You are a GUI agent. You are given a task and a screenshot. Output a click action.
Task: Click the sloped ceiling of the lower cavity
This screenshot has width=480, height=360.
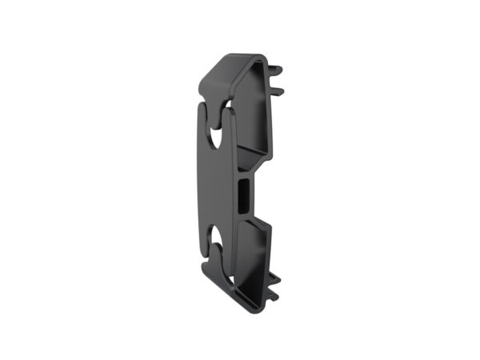252,224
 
